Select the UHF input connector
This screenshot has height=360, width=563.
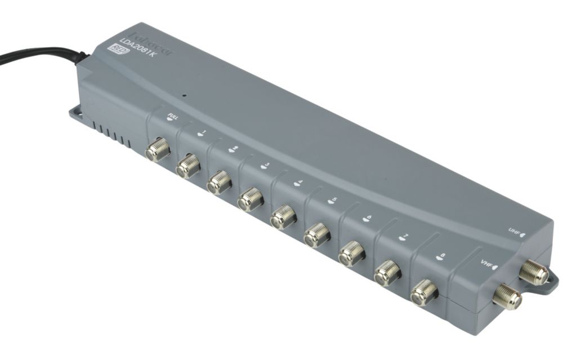533,273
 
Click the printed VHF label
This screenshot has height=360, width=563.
487,264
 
